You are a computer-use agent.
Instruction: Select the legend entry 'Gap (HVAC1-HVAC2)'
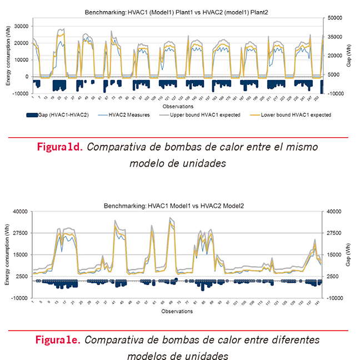[56, 115]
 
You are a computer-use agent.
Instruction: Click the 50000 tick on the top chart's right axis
[335, 18]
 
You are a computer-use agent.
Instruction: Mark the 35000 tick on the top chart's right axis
[335, 37]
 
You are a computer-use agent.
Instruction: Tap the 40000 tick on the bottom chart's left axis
[21, 212]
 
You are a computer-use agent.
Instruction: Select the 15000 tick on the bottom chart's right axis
[334, 255]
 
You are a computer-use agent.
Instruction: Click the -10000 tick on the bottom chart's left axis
[20, 298]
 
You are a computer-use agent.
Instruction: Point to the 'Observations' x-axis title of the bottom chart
[178, 312]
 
